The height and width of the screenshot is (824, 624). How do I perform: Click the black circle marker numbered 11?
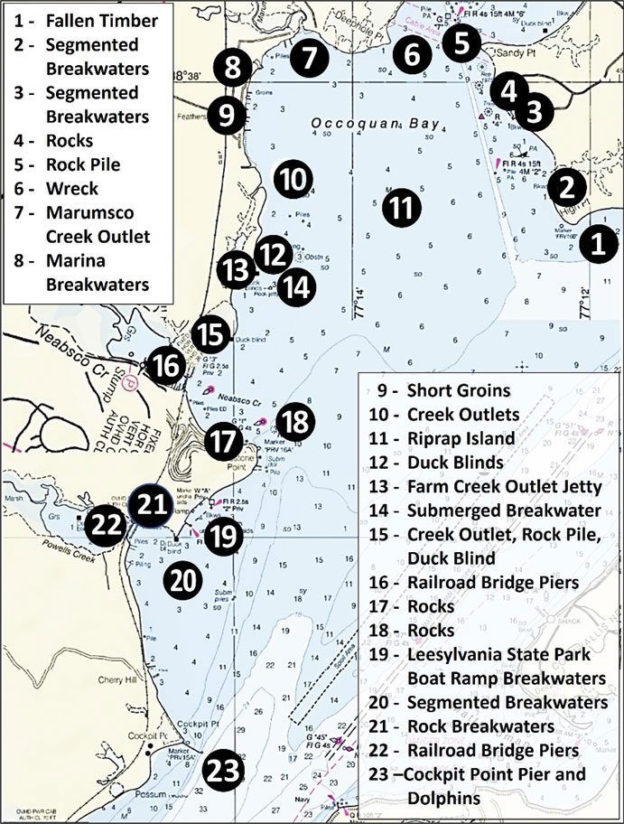402,208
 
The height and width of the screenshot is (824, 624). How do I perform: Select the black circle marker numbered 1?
596,244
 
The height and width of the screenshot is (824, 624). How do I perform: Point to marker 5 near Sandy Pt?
461,41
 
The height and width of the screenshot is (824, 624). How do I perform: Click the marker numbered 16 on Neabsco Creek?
168,366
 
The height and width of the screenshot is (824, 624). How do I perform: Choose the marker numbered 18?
296,420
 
